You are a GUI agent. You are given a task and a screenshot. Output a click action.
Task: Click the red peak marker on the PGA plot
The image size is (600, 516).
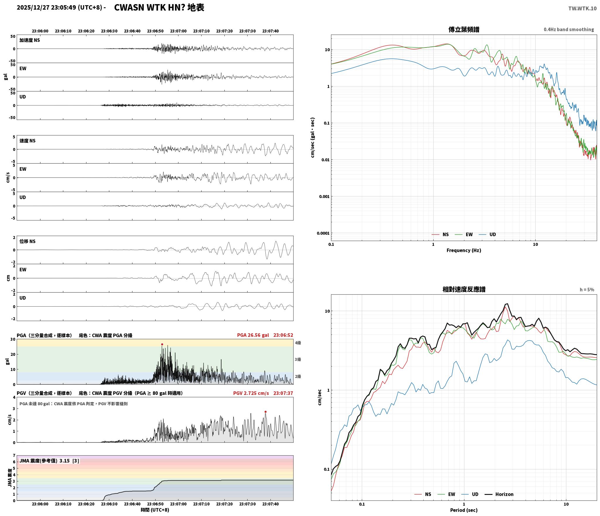[162, 344]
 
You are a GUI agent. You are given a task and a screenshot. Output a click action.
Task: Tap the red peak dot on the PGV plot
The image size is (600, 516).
[265, 412]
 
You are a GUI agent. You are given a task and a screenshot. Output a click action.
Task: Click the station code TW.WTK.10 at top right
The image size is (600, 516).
[582, 8]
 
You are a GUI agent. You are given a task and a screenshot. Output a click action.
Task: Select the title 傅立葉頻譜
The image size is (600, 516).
[464, 29]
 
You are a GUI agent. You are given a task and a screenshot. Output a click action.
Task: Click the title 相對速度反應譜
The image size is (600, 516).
[464, 289]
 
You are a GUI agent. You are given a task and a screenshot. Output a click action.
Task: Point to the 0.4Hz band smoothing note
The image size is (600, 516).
[569, 29]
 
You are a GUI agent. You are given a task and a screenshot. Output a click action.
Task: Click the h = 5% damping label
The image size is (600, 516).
[587, 290]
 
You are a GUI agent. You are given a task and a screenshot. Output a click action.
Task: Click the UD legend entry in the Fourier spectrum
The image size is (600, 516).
[487, 235]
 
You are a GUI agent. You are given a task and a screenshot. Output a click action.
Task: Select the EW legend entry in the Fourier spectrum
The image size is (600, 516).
[464, 235]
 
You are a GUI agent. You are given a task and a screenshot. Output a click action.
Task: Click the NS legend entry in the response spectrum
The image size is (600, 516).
[423, 494]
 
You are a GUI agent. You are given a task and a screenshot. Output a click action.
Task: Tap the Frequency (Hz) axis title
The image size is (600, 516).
[464, 250]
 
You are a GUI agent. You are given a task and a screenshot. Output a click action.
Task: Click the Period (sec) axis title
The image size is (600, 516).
[464, 510]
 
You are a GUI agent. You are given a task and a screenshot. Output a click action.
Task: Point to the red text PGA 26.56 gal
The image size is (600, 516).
[253, 335]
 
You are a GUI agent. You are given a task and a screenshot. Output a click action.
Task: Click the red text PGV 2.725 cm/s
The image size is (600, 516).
[251, 393]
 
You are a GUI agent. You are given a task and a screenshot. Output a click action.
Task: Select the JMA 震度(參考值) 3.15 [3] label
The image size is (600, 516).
[49, 461]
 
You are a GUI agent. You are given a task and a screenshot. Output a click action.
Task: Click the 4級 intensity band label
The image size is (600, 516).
[298, 343]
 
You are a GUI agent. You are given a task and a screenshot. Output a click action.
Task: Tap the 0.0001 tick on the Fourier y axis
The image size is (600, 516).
[323, 233]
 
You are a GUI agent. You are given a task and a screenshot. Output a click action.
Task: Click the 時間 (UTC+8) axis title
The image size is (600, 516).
[155, 510]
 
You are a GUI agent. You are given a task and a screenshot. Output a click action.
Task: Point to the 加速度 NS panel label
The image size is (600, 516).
[30, 40]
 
